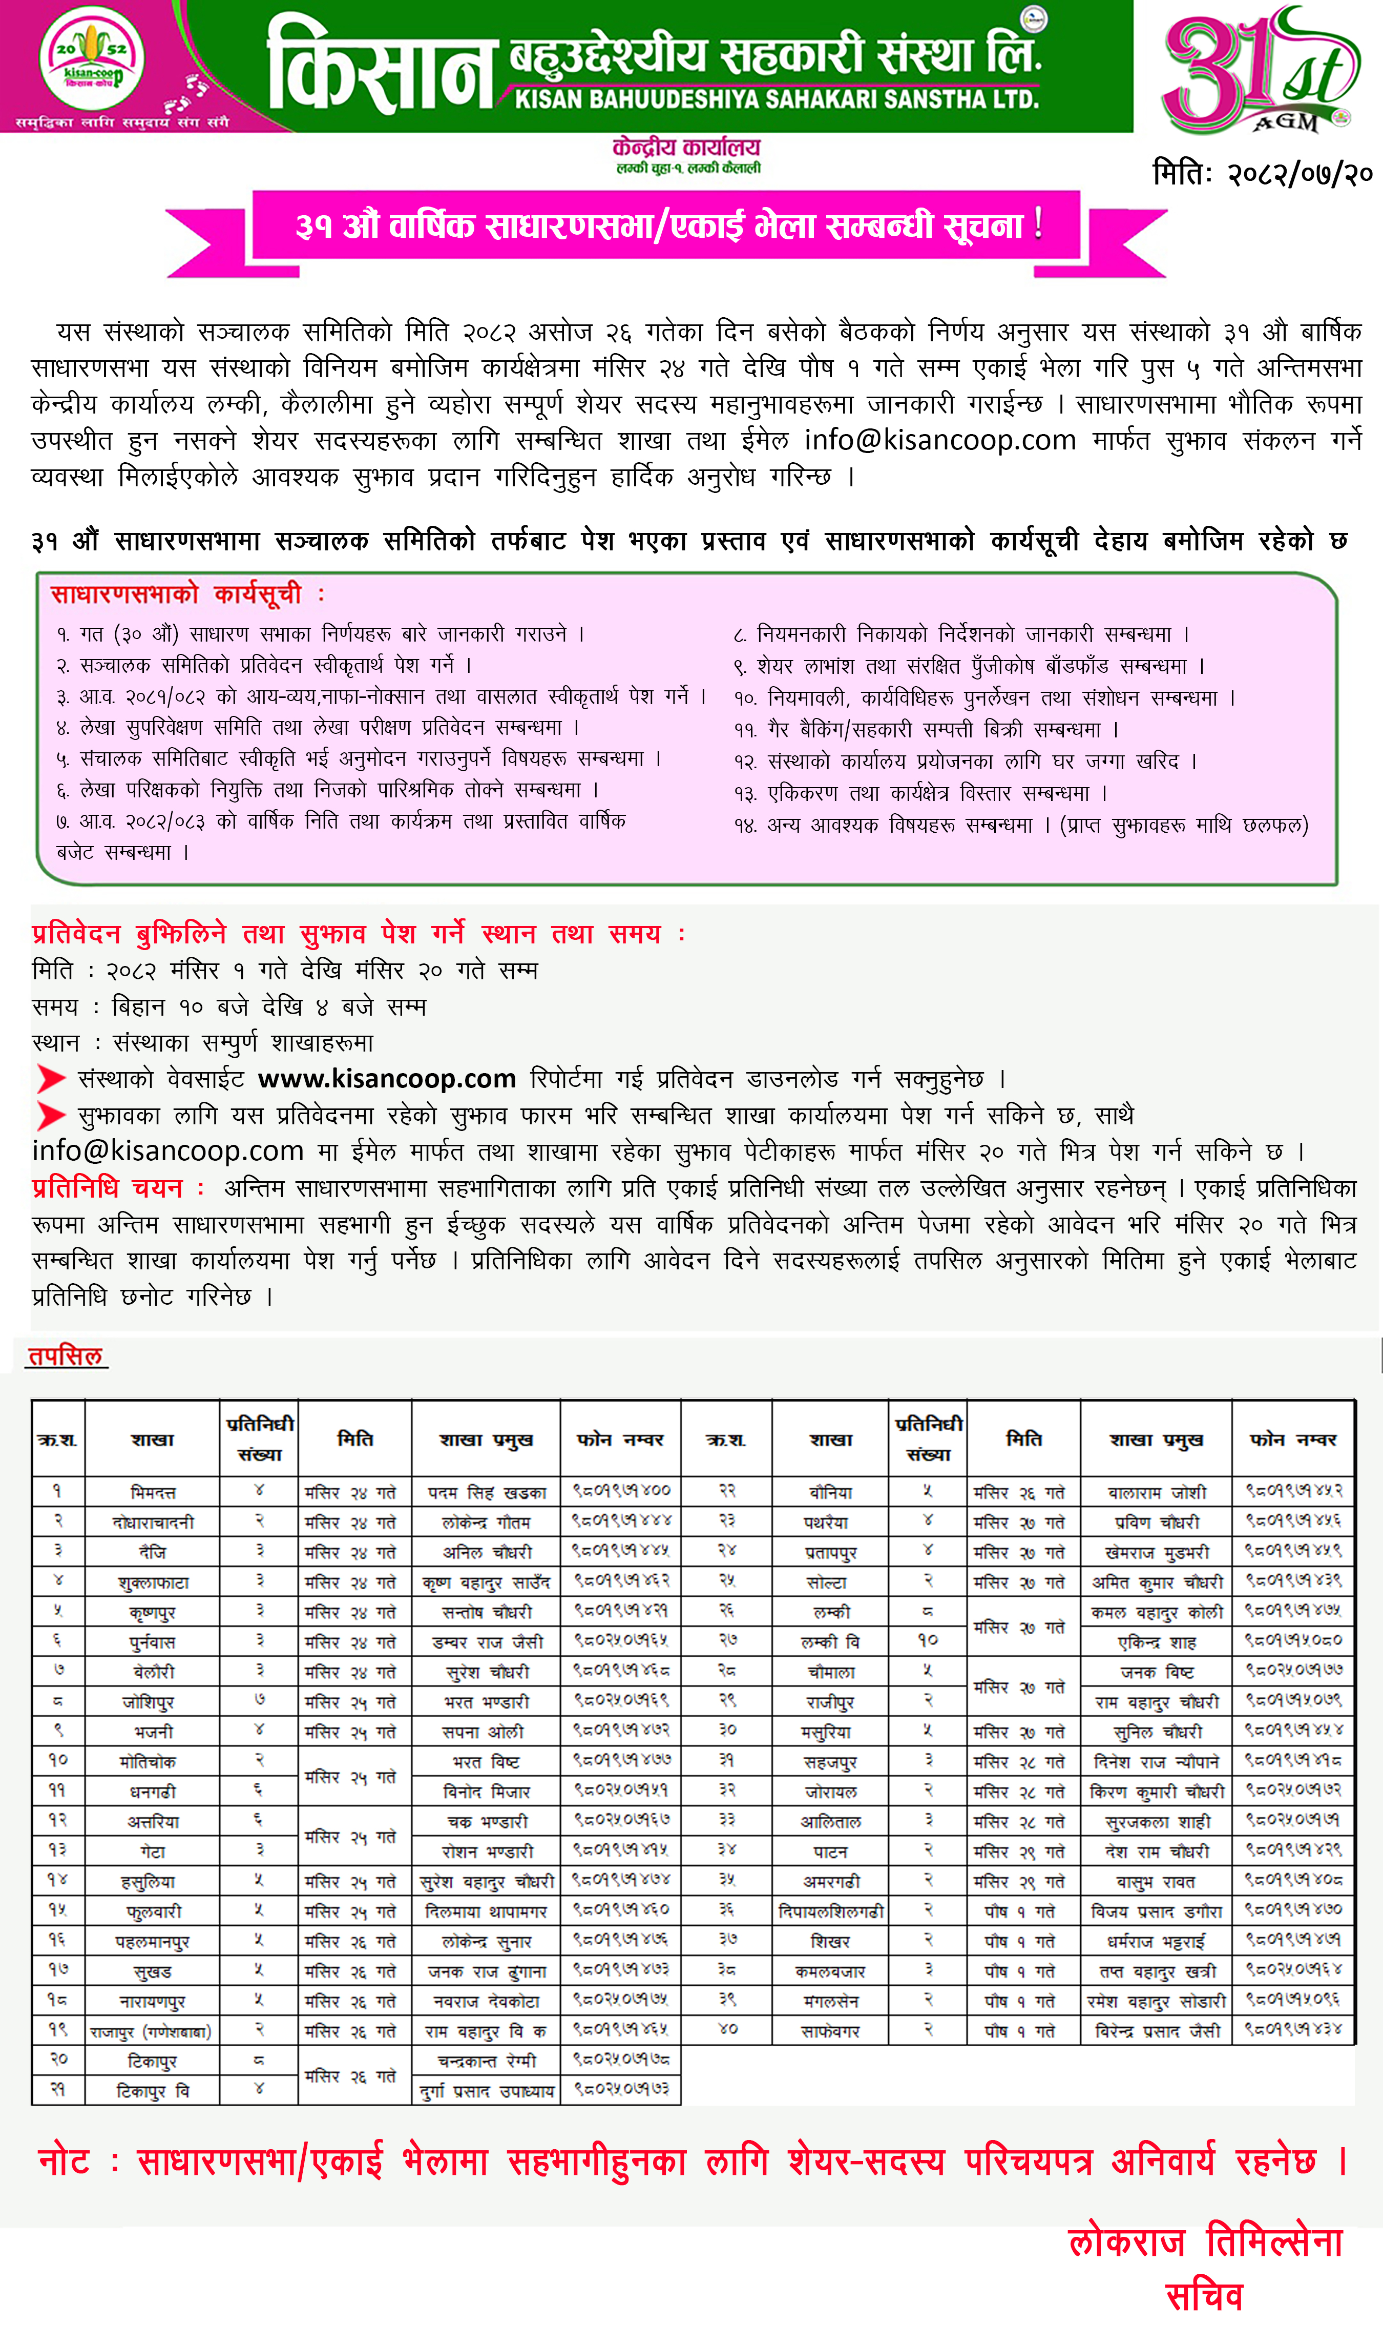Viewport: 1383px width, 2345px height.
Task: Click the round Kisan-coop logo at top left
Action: coord(91,58)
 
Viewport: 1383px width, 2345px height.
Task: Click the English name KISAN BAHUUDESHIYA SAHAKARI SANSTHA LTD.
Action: coord(777,99)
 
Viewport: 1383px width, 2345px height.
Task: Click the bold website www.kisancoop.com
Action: coord(387,1079)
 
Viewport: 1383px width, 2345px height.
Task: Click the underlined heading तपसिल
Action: coord(65,1356)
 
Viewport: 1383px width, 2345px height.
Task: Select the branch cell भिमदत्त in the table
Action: coord(153,1492)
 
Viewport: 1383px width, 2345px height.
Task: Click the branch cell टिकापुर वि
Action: coord(153,2091)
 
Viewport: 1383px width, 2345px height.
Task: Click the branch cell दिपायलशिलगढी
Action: coord(830,1911)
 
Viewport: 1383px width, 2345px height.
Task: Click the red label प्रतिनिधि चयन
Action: coord(107,1188)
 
